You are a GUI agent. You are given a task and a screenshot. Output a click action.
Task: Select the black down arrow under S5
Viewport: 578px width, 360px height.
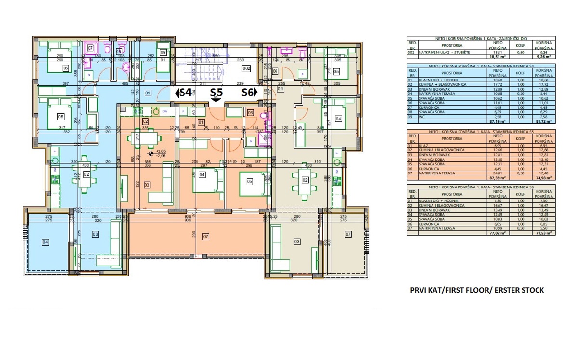point(217,100)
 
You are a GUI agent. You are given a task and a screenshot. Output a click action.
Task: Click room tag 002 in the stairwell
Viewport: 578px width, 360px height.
point(246,69)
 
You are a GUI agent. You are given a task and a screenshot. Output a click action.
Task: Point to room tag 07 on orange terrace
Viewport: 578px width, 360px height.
point(206,237)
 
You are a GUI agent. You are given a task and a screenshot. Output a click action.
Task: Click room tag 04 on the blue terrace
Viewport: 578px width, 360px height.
point(45,242)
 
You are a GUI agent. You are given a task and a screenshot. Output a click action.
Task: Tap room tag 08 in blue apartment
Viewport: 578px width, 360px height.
point(163,53)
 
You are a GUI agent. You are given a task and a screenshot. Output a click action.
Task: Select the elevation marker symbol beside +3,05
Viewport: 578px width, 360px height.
point(151,154)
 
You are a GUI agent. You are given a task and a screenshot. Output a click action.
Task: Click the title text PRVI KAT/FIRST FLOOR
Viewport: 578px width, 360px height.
point(476,290)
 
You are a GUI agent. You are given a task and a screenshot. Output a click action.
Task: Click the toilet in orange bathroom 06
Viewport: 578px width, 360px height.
point(263,115)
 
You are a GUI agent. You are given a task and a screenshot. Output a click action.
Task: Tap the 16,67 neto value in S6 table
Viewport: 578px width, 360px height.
point(496,205)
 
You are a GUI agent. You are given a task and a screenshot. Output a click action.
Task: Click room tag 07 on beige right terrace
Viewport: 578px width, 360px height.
point(348,235)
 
